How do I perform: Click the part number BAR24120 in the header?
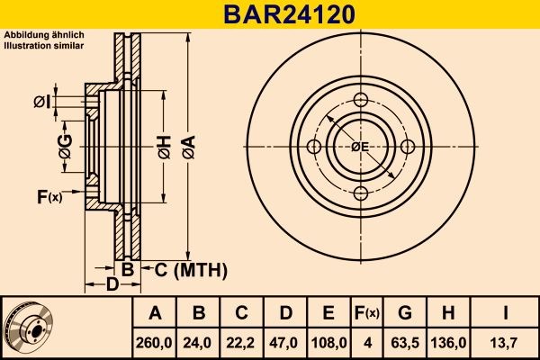tap(270, 14)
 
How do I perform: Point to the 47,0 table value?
tap(286, 343)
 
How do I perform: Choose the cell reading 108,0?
tap(329, 343)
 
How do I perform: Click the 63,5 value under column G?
tap(405, 343)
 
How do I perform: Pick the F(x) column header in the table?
tap(366, 313)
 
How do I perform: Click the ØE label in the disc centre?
tap(360, 147)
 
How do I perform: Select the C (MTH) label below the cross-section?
tap(184, 270)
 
